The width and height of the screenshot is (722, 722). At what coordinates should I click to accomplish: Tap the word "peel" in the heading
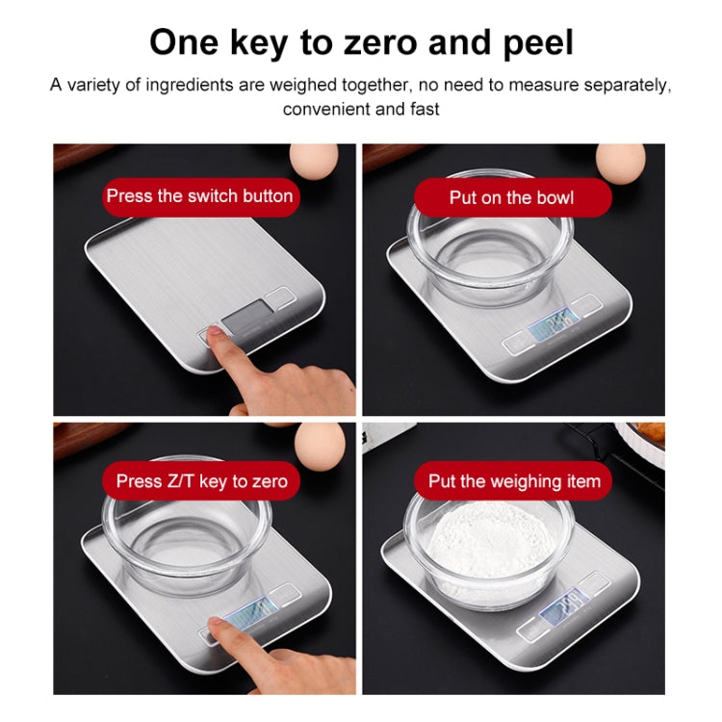[x=533, y=43]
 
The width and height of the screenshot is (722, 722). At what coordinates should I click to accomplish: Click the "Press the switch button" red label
[x=199, y=196]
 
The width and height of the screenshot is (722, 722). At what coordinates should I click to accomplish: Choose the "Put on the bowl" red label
[x=511, y=197]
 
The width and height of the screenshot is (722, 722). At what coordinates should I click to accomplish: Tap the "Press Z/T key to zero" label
[x=201, y=480]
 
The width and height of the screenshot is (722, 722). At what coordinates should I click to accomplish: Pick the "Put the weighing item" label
[x=514, y=480]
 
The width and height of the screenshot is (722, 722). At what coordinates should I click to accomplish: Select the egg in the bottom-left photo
[x=319, y=443]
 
